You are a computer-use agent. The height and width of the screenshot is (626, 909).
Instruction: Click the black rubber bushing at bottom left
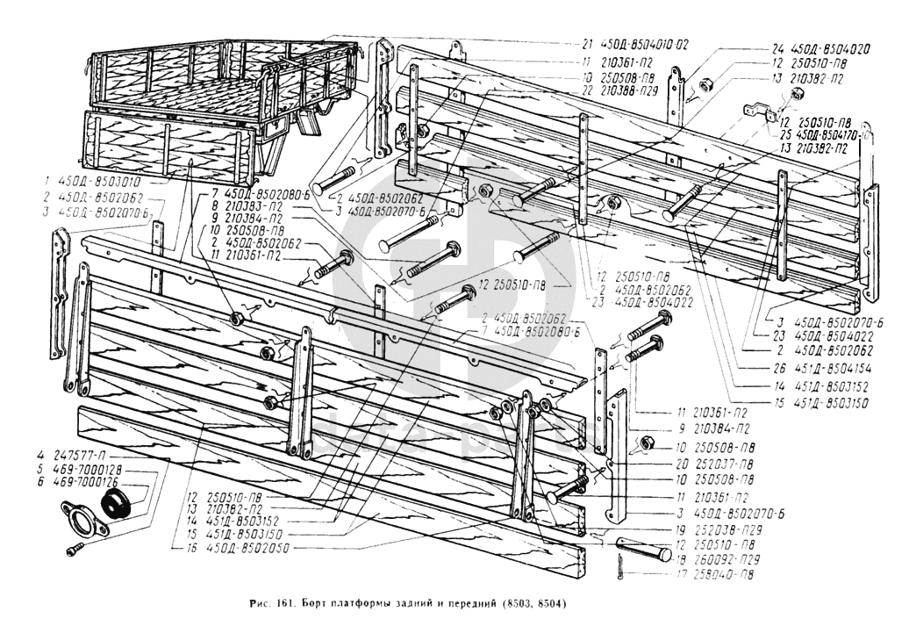click(x=116, y=507)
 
